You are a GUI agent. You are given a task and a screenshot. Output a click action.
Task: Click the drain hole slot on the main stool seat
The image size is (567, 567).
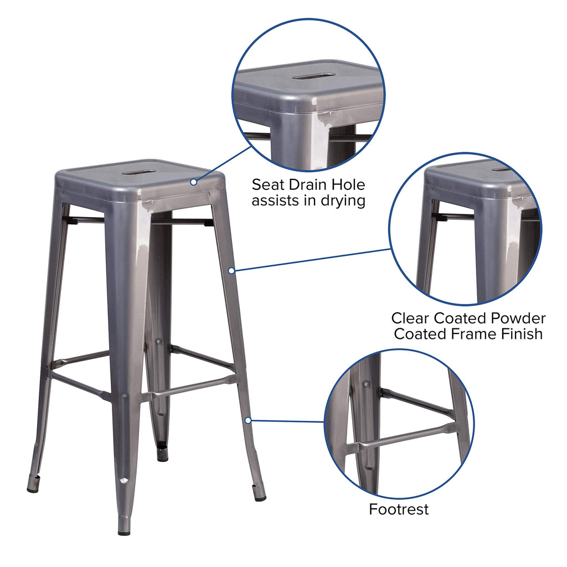[x=139, y=172]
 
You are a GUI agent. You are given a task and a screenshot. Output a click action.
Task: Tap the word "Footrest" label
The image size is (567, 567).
[x=399, y=509]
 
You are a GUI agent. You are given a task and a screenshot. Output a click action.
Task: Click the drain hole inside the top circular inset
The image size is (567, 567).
[x=313, y=76]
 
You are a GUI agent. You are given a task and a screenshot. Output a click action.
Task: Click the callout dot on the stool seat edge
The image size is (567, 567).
[x=194, y=182]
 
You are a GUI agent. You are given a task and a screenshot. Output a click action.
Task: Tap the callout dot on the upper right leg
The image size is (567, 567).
[x=231, y=270]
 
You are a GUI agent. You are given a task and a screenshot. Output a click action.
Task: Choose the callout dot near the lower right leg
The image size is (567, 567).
[x=248, y=421]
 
